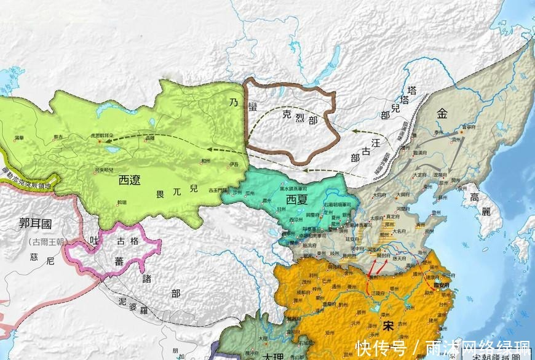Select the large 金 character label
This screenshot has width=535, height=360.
(x=443, y=114)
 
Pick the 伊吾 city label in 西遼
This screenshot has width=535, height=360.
(x=232, y=164)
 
